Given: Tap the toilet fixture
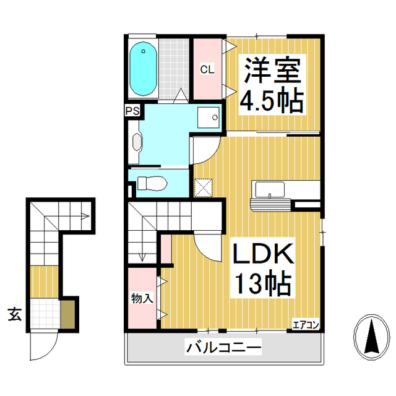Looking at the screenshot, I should click(x=151, y=184).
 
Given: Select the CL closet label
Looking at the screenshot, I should click(x=207, y=69).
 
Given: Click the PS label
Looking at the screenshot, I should click(x=132, y=111).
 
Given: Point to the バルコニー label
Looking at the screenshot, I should click(x=223, y=348).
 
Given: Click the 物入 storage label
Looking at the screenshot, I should click(x=142, y=298).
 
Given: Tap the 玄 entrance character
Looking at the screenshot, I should click(x=14, y=314).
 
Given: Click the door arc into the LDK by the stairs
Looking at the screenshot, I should click(x=207, y=247).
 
